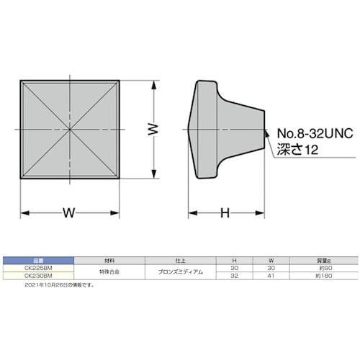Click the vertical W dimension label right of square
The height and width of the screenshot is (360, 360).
(152, 130)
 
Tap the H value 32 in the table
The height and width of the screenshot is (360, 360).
(233, 275)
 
